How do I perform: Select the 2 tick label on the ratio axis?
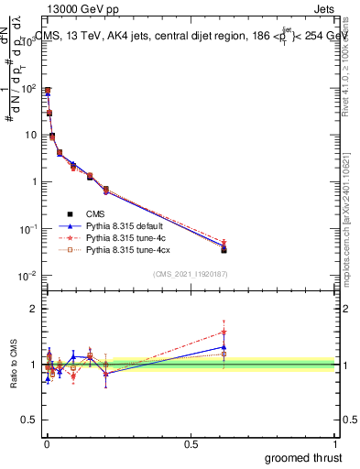coord(35,309)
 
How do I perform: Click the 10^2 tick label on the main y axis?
coord(29,89)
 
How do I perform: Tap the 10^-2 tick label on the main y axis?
coord(29,276)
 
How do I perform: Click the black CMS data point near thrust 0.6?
coord(224,249)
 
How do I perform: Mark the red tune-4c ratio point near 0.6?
coord(224,333)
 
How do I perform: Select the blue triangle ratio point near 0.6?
coord(224,347)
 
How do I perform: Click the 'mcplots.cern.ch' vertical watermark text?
coord(352,266)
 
